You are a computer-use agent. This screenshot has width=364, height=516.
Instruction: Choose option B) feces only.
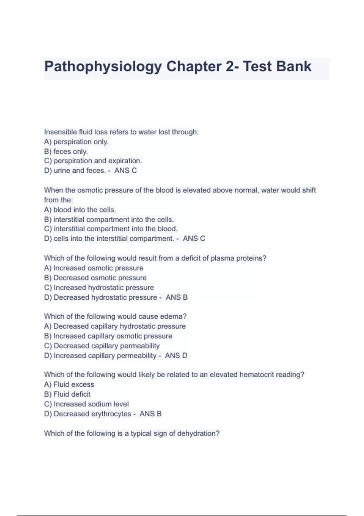66,151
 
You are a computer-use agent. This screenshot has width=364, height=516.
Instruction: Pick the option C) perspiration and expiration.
93,161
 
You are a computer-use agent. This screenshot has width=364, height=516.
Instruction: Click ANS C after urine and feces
126,171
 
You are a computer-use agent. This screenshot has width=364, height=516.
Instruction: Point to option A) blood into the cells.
80,210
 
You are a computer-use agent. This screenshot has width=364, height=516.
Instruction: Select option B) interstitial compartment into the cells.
109,219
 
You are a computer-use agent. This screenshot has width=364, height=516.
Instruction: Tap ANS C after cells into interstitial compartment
194,239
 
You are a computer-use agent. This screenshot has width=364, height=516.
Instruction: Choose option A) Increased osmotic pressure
94,268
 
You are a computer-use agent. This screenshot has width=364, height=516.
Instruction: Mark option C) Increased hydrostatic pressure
99,287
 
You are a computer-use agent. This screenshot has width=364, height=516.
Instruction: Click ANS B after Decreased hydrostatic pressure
177,297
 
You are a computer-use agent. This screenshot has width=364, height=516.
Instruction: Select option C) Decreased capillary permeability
102,346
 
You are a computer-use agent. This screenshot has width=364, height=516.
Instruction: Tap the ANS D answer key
176,355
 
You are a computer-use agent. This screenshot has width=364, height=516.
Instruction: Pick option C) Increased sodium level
86,404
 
